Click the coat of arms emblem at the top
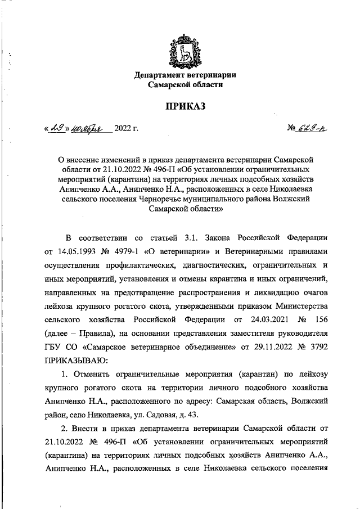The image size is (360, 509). (x=184, y=52)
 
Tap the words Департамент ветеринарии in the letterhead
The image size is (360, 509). (x=184, y=75)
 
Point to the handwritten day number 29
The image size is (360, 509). (x=57, y=129)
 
